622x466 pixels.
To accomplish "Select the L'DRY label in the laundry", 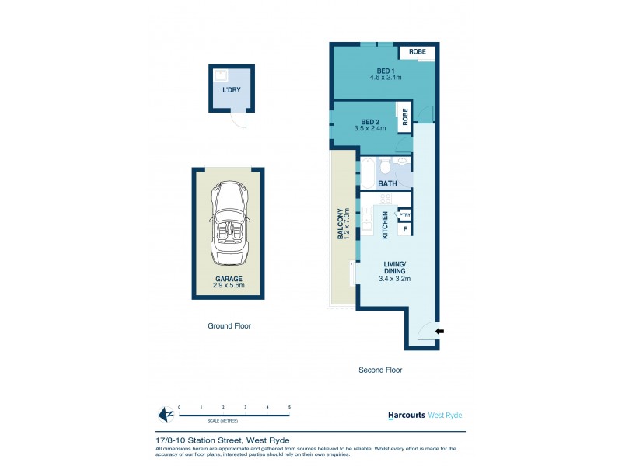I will (231, 91).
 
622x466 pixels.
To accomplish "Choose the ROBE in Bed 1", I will (418, 52).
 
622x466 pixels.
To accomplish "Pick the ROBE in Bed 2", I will (404, 117).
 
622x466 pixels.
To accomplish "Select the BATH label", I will (387, 184).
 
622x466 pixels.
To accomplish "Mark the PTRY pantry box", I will (404, 215).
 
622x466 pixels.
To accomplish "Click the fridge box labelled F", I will (404, 229).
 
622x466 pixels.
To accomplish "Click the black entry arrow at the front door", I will (439, 331).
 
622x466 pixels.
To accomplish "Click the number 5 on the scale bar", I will (289, 407).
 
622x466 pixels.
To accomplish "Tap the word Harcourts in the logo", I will (406, 416).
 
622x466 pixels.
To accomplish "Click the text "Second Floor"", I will (380, 370).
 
